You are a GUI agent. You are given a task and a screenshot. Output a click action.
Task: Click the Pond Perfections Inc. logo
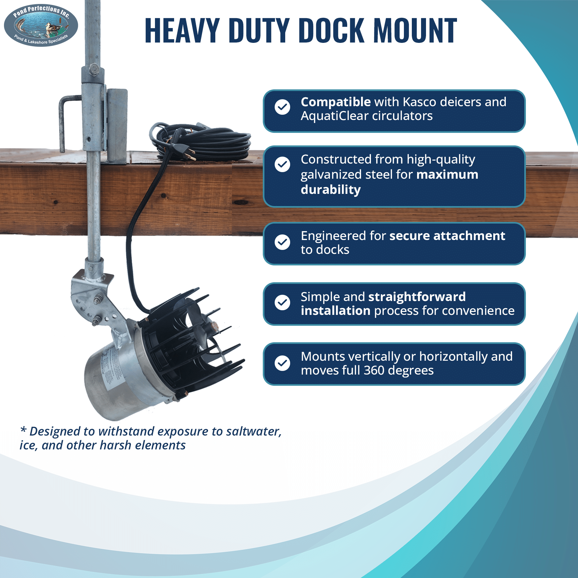(41, 25)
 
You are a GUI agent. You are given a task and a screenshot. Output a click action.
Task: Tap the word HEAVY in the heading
(182, 30)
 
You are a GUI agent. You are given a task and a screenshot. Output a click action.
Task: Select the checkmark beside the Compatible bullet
(283, 107)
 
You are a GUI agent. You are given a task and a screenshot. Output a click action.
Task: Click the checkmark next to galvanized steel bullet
(283, 164)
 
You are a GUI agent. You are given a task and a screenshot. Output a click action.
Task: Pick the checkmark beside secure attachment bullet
(283, 242)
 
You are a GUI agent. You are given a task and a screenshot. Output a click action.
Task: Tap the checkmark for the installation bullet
(283, 302)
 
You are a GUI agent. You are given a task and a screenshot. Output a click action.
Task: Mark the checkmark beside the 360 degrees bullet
(283, 363)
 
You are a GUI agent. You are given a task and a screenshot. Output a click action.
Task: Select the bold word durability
(331, 190)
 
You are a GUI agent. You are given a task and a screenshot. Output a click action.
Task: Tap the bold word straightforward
(417, 297)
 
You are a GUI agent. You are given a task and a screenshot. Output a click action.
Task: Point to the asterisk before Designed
(23, 430)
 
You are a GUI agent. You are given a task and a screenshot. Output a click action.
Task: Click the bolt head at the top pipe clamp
(93, 70)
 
